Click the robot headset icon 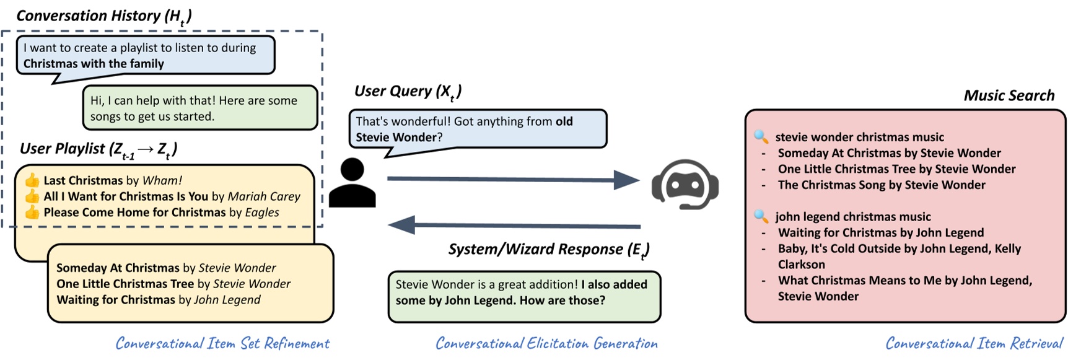(x=685, y=185)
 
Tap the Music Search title (x=1009, y=95)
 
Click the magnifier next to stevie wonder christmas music (x=761, y=136)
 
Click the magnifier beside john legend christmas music (x=761, y=216)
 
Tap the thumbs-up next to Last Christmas (x=32, y=180)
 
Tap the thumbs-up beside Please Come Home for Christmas (x=32, y=213)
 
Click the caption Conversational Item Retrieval (x=974, y=343)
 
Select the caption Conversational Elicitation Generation (x=546, y=343)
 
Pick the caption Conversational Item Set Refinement (x=222, y=343)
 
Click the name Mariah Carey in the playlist (x=264, y=196)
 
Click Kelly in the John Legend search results (x=1007, y=248)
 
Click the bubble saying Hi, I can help (x=200, y=108)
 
